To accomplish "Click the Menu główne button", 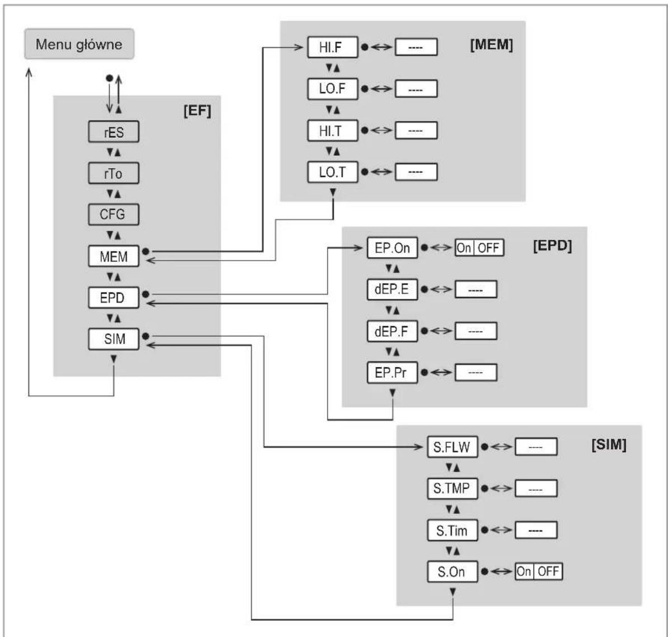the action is (80, 44).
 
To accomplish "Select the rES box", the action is (113, 132).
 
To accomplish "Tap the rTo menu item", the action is (113, 173).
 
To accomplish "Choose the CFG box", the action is (113, 215).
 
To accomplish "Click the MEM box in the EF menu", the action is (113, 256).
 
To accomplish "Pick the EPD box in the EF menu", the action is (113, 297).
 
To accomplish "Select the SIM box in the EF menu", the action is (113, 339).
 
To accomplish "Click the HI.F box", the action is (332, 47).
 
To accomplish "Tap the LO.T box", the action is (332, 172).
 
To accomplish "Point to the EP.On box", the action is (393, 248).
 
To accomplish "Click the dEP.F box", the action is (393, 331).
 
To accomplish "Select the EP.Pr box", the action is (393, 373).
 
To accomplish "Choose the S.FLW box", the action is (452, 447).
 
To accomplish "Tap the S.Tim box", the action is (452, 531).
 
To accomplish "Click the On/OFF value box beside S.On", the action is (539, 571).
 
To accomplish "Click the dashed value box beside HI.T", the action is (416, 131).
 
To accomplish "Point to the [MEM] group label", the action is (491, 44).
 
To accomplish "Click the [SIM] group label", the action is (609, 444).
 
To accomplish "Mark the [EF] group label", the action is (197, 111).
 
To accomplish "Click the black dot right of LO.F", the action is (365, 89).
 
